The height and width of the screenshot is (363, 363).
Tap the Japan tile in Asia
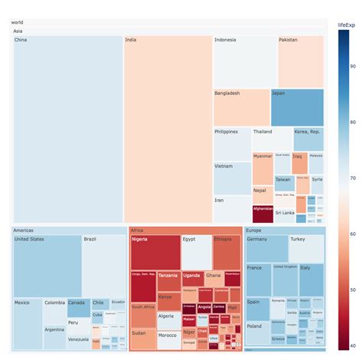point(296,107)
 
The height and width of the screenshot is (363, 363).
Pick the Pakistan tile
point(300,60)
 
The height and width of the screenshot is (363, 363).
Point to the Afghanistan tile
point(263,213)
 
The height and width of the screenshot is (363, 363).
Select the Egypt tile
point(196,252)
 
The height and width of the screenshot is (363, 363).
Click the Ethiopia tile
point(227,252)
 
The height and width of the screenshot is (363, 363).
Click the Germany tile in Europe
point(266,248)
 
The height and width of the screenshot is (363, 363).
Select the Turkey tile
point(306,248)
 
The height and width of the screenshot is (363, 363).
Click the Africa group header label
point(138,230)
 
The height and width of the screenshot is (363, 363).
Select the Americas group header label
point(25,230)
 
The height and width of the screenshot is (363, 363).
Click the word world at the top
point(18,22)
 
